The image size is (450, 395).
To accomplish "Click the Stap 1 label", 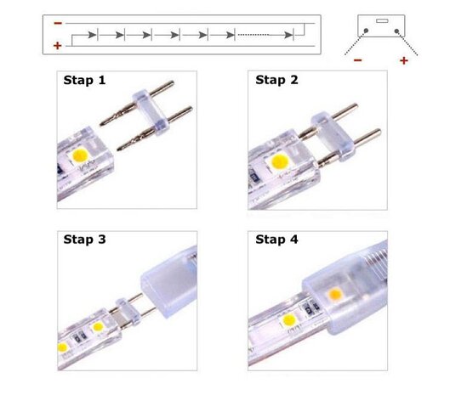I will [x=83, y=82].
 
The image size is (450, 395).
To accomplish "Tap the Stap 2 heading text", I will [x=276, y=81].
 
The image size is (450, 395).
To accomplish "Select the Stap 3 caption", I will [x=83, y=240].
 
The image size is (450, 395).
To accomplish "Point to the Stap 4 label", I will [x=276, y=240].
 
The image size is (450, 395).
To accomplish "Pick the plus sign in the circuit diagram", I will [x=56, y=44].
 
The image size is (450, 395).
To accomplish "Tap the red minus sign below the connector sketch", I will [x=357, y=61].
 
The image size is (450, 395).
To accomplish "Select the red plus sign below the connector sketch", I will [x=403, y=61].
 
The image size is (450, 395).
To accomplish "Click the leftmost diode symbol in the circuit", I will [x=100, y=36].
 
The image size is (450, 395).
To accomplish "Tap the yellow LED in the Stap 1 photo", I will [x=82, y=155].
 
